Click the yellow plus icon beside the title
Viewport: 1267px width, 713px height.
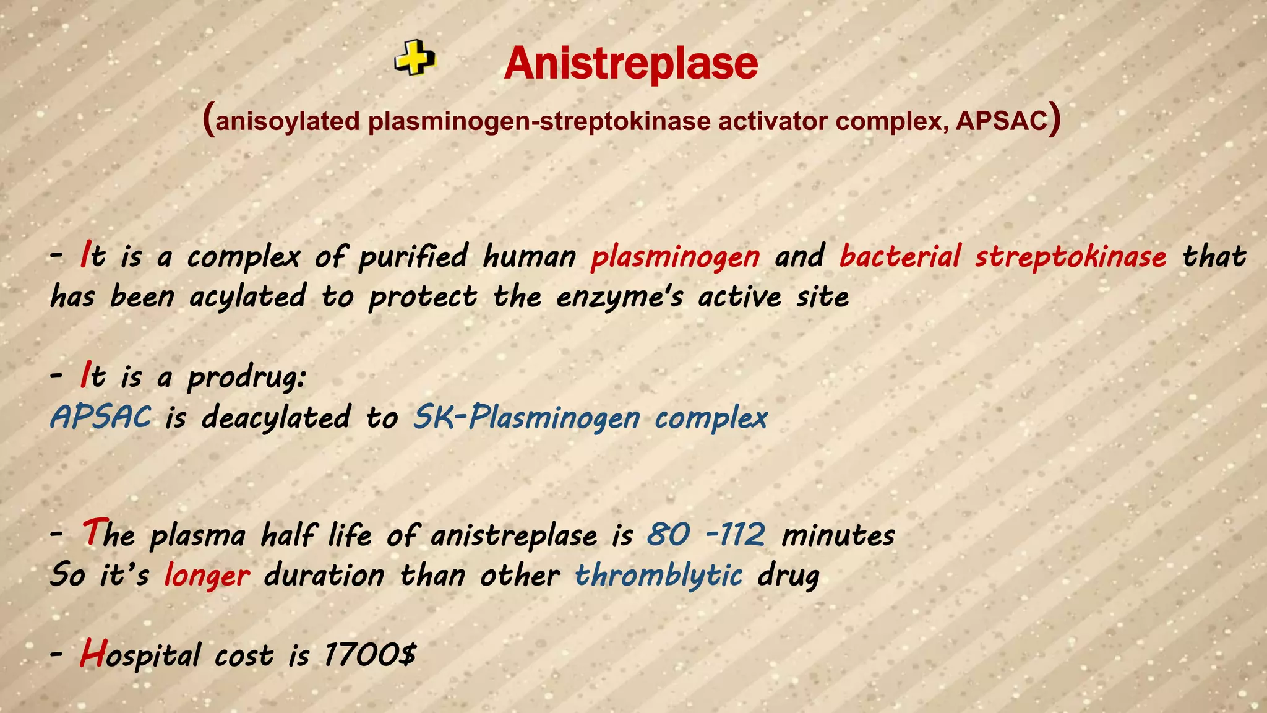[x=415, y=59]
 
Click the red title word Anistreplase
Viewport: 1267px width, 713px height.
[x=630, y=64]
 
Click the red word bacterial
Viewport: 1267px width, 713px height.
[x=900, y=256]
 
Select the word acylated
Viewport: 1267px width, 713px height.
[x=247, y=296]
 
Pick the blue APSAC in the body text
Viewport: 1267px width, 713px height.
[x=101, y=417]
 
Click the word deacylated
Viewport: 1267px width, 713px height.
[x=276, y=418]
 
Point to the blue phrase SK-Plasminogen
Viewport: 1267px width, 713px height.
[x=526, y=418]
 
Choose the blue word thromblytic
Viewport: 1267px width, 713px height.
[x=658, y=575]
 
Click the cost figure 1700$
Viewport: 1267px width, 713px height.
[x=370, y=655]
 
